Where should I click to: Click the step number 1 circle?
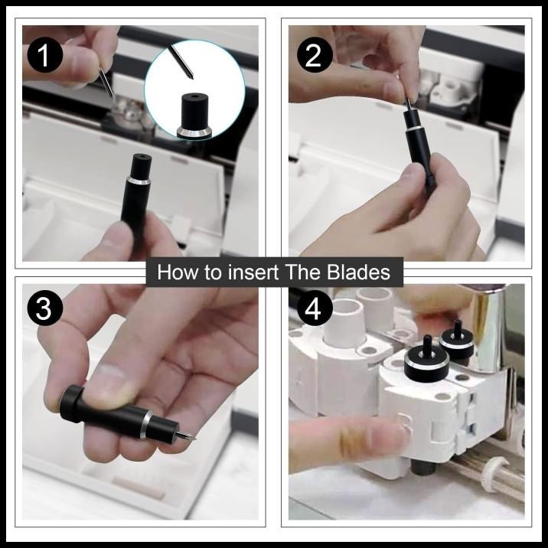[x=44, y=55]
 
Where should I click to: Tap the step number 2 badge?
[x=315, y=55]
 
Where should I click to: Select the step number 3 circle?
[x=44, y=308]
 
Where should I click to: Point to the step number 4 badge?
[x=315, y=308]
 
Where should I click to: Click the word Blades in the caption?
[x=358, y=272]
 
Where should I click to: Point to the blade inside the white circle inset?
[x=181, y=62]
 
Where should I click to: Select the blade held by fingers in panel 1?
[x=106, y=83]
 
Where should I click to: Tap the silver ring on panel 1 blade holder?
[x=139, y=181]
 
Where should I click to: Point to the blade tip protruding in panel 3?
[x=187, y=435]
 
